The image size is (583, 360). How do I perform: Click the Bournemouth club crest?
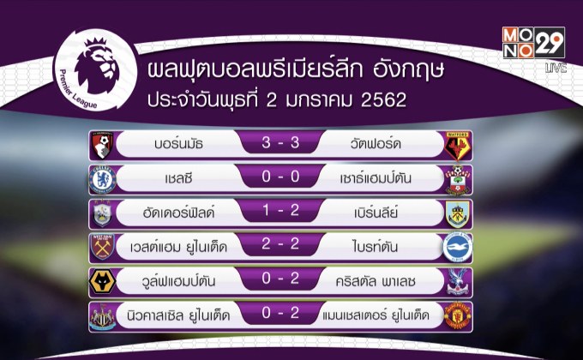(x=103, y=145)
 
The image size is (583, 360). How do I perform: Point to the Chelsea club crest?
(x=103, y=179)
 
